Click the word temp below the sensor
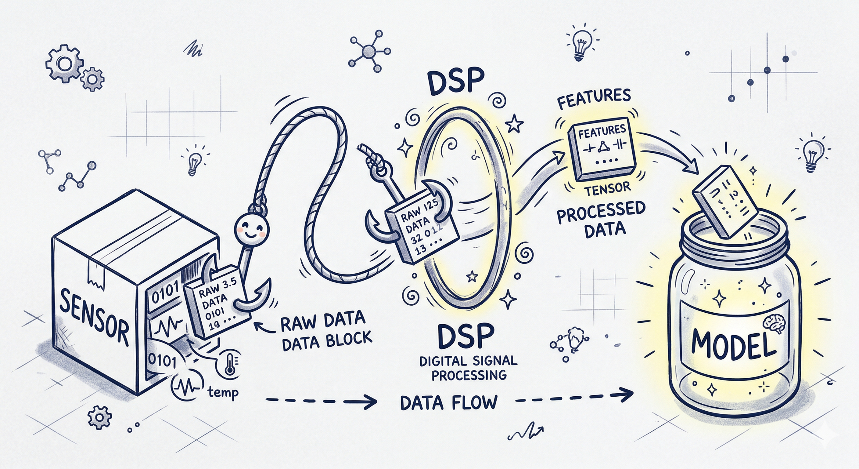coord(223,393)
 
